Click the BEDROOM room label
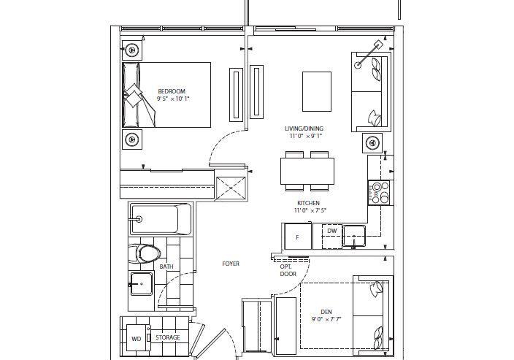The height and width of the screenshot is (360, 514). coord(172,91)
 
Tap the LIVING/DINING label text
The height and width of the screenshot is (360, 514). coord(304,129)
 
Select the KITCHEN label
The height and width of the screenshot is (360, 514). coord(308,203)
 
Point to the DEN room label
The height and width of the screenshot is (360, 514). coord(326,312)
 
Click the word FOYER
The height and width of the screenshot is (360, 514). coord(231,264)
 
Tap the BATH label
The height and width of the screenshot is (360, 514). coord(166,267)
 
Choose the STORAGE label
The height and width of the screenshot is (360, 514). coord(168,337)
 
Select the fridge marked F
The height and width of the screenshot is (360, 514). coord(298,237)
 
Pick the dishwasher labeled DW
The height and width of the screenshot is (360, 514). coord(332,237)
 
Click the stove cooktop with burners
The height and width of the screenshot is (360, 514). coord(379,193)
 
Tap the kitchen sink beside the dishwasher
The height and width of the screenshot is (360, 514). coord(354,236)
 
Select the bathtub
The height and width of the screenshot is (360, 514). coord(161,219)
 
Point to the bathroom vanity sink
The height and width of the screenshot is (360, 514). coord(142,284)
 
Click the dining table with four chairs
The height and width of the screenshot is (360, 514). coord(307,171)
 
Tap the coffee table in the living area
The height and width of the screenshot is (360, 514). coord(317,92)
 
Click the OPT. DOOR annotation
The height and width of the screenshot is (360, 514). coord(288,270)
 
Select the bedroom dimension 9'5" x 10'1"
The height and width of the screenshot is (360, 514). coord(173,99)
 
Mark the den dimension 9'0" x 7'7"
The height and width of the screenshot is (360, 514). coord(326,319)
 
